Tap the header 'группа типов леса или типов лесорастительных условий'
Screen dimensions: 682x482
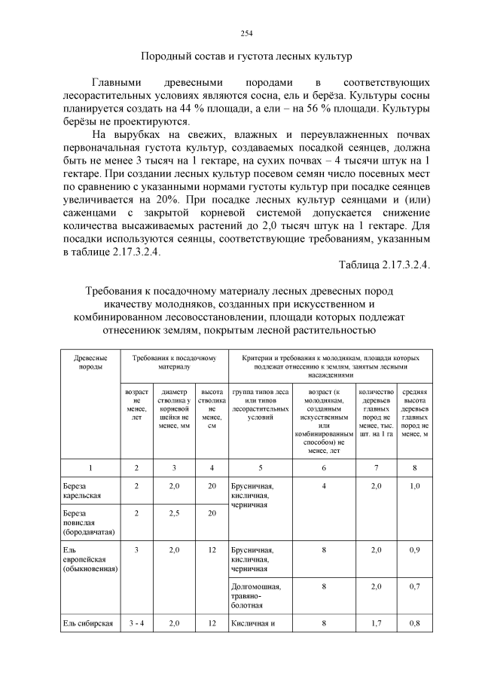tap(260, 407)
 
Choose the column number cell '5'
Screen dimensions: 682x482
tap(260, 467)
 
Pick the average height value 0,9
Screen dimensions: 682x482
tap(414, 550)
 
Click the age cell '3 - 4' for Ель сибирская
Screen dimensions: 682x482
tap(136, 623)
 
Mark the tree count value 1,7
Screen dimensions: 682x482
tap(377, 623)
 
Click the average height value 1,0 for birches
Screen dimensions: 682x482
tap(414, 486)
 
